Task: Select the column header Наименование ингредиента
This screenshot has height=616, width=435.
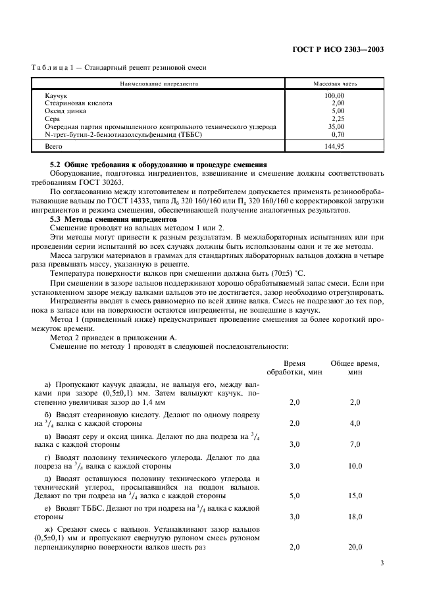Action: click(x=159, y=84)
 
